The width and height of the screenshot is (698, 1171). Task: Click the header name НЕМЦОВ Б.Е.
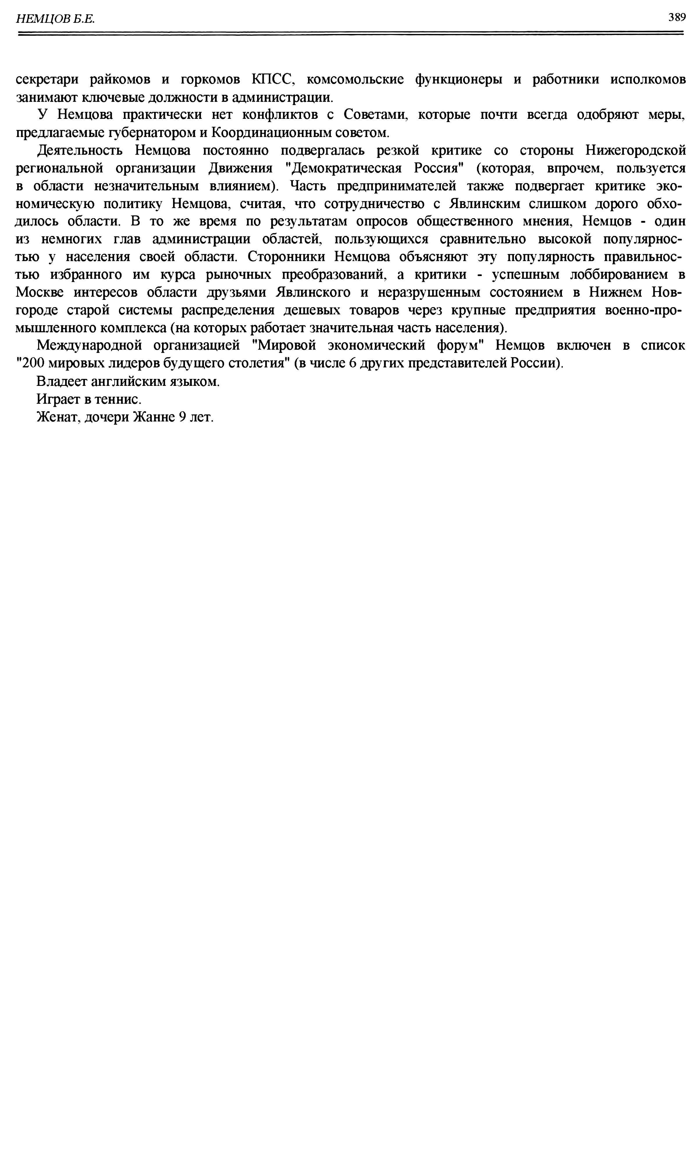(x=56, y=19)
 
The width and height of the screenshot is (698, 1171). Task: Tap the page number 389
(x=676, y=17)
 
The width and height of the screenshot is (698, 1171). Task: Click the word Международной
(x=89, y=345)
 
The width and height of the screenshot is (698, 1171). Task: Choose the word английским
(x=127, y=381)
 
